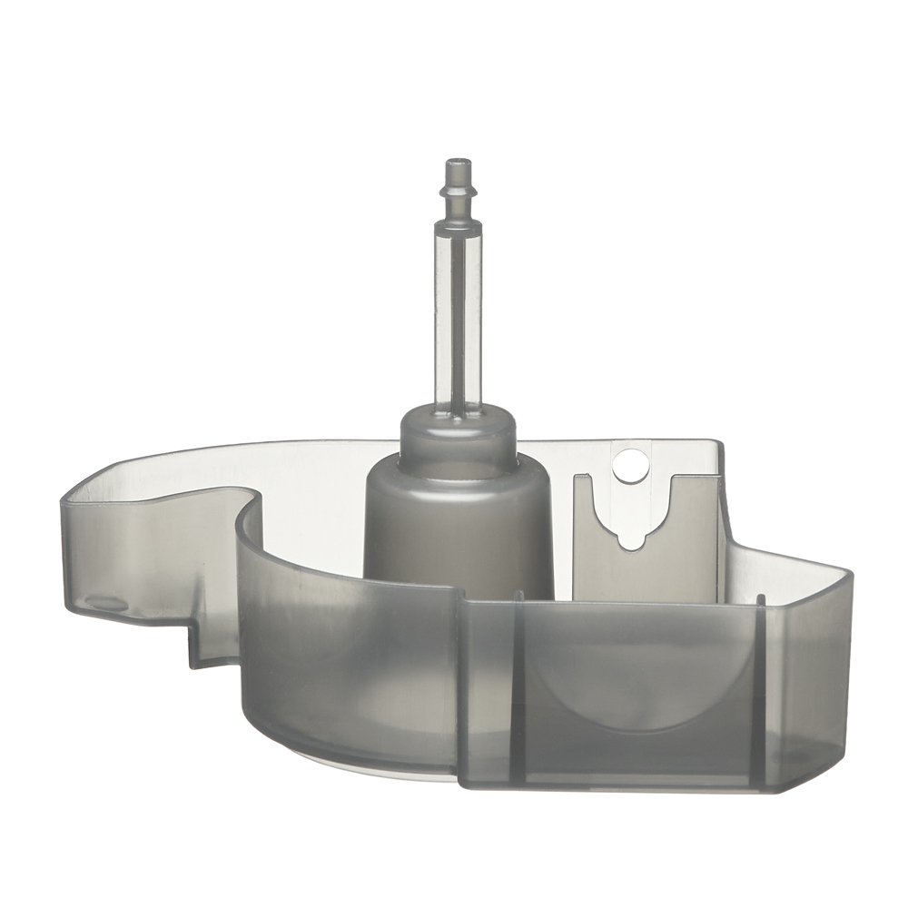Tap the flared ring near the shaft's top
pyautogui.click(x=459, y=193)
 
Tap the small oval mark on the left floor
pyautogui.click(x=106, y=603)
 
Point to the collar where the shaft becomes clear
pyautogui.click(x=459, y=222)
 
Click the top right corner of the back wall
pyautogui.click(x=717, y=445)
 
